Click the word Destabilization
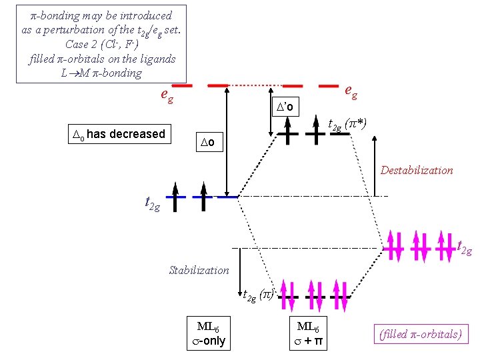click(x=417, y=170)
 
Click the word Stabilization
click(x=199, y=270)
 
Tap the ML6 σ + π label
click(x=308, y=334)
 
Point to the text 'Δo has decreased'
click(x=118, y=134)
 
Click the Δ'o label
click(x=289, y=107)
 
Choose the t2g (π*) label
click(x=347, y=125)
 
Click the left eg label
click(x=167, y=95)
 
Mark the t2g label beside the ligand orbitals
click(x=463, y=248)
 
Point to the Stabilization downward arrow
click(x=240, y=270)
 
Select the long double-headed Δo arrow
click(x=227, y=140)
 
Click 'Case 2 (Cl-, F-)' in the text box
click(x=101, y=44)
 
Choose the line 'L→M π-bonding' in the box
click(x=101, y=73)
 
